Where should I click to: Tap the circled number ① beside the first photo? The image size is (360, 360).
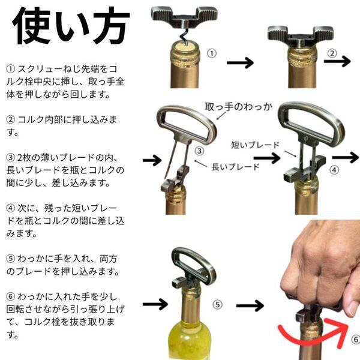click(211, 53)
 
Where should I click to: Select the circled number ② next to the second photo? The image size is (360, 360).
click(332, 53)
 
